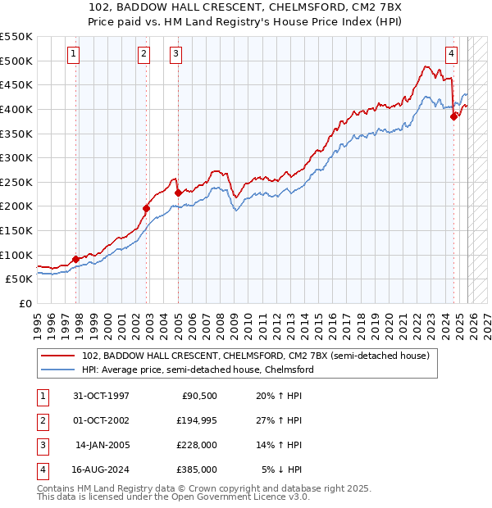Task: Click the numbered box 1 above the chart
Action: (74, 54)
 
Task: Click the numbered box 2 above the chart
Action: (143, 54)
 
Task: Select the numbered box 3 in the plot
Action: (176, 54)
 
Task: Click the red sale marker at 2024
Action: (453, 116)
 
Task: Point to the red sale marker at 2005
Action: (178, 193)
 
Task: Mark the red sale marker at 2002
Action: (147, 208)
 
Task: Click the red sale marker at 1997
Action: (76, 259)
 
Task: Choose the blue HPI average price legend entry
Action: (198, 370)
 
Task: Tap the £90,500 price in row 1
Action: (198, 396)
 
